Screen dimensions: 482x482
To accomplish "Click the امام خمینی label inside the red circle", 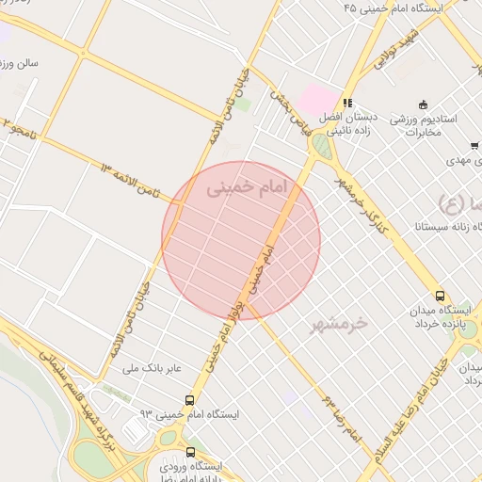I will (x=243, y=188).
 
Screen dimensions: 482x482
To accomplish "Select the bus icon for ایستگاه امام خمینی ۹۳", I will (x=191, y=400).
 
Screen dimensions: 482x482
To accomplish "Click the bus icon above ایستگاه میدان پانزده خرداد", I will (x=441, y=295).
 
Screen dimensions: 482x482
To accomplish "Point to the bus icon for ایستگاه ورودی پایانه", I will (x=191, y=452).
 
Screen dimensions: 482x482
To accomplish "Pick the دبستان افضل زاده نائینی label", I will (x=346, y=124).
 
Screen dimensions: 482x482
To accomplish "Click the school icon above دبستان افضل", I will (x=346, y=104).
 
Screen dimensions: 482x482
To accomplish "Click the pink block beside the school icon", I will (x=316, y=97).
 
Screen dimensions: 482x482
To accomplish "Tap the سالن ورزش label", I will (x=19, y=64).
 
